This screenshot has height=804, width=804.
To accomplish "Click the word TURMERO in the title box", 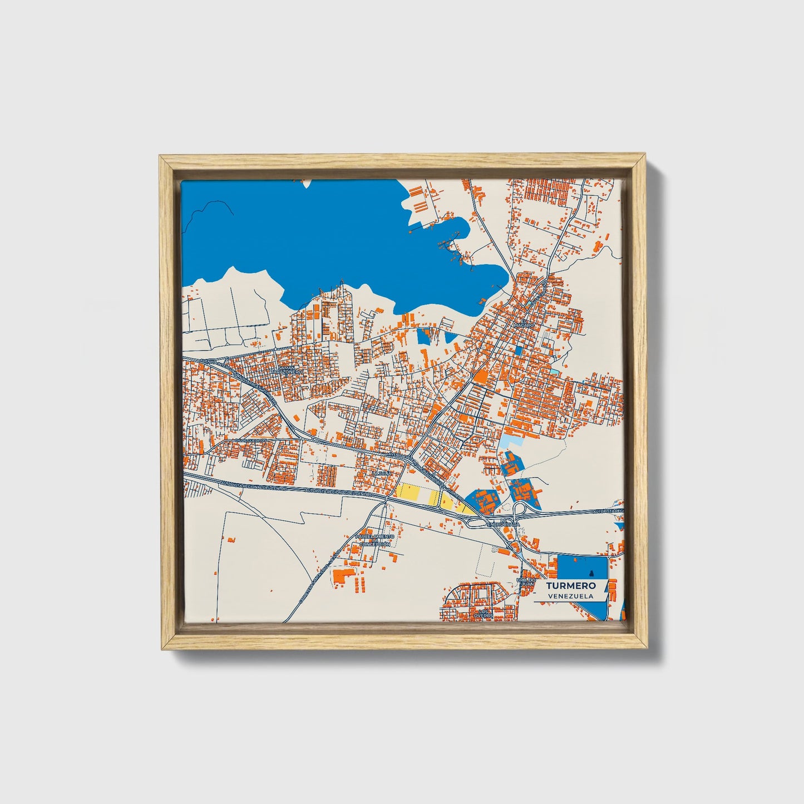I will coord(570,585).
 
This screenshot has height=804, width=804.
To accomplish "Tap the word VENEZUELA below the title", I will coord(570,596).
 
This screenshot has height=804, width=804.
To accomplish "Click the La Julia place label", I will coord(383,473).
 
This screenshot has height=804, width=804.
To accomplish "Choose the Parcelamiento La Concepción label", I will coord(375,540).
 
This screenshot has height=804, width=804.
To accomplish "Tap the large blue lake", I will coord(334,234).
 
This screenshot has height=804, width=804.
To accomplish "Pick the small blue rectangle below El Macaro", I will coord(519,351).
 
